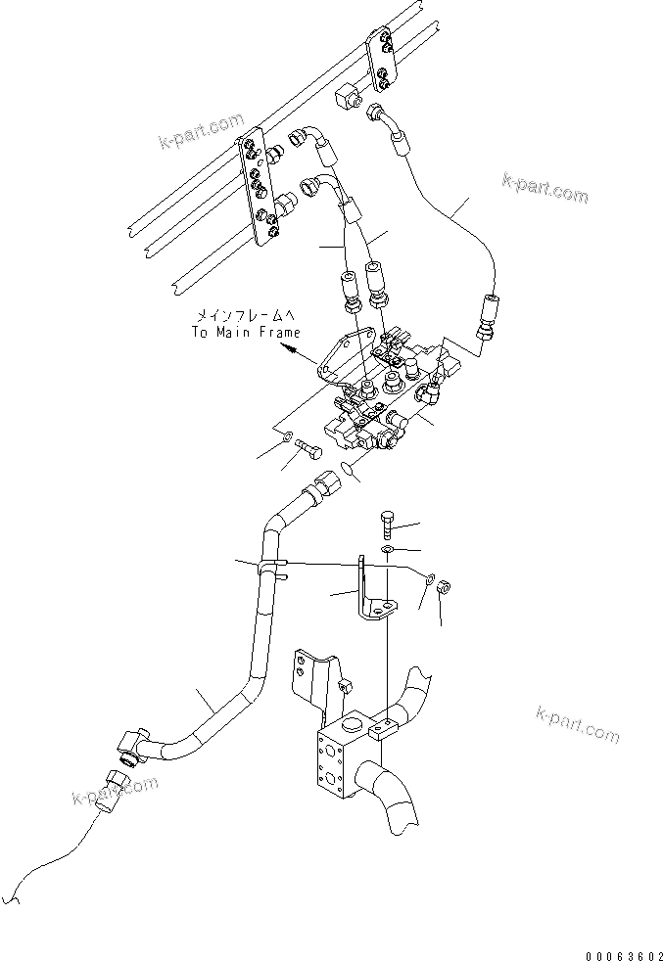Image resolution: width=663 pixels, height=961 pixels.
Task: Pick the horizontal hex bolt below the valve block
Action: (311, 451)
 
